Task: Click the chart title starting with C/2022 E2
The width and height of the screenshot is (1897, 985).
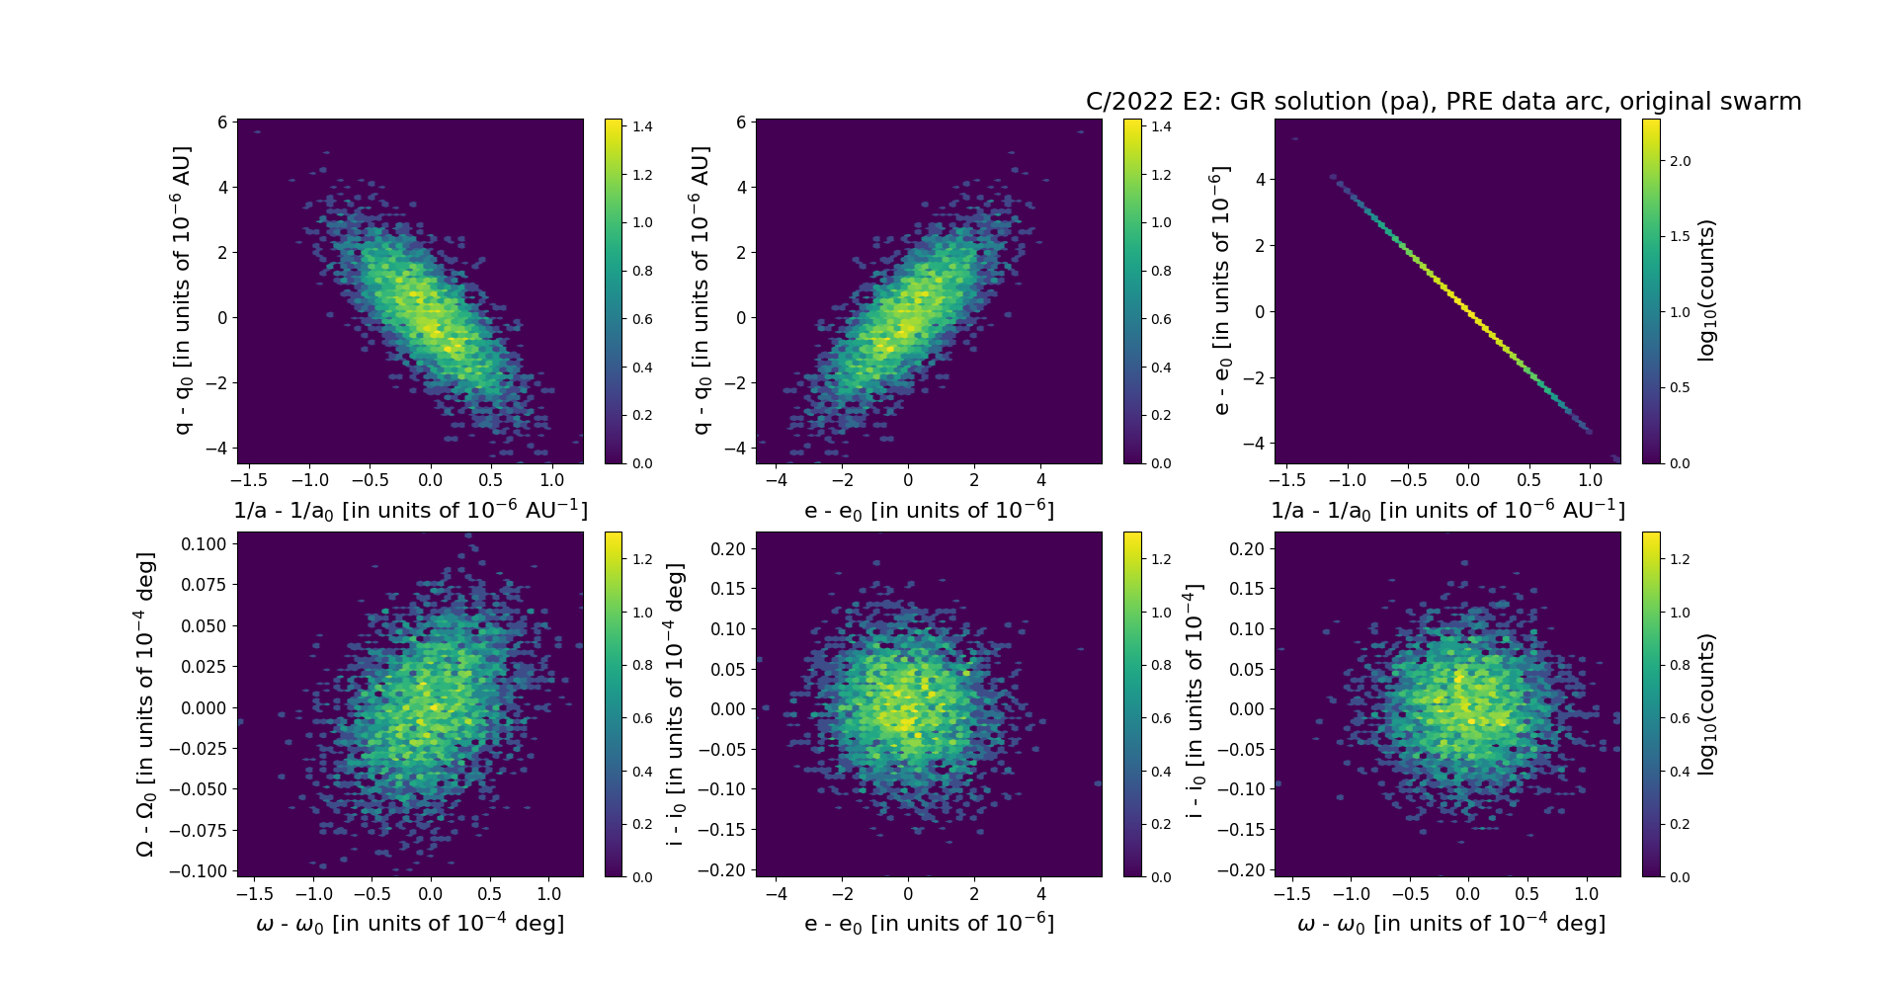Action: (x=1443, y=102)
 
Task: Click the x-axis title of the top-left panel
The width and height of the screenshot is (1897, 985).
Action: (x=410, y=511)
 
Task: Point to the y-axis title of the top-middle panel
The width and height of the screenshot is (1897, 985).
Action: (x=701, y=290)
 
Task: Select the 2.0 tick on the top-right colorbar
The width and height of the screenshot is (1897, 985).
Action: (x=1680, y=161)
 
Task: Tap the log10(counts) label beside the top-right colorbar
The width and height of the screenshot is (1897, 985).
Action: (x=1706, y=290)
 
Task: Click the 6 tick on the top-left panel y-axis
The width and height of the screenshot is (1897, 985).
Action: (x=222, y=123)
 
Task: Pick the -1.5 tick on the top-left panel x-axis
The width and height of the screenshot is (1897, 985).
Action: (x=249, y=480)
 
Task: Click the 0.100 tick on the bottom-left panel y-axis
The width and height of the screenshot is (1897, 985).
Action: (x=205, y=544)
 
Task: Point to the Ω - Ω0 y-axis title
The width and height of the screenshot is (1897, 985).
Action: (x=144, y=704)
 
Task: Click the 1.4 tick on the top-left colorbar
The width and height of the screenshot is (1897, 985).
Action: (x=642, y=126)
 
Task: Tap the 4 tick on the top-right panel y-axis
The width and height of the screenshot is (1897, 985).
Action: (x=1260, y=180)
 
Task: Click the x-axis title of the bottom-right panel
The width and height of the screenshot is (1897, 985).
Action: (x=1450, y=924)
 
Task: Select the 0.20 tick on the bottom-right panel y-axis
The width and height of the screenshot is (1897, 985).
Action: (x=1247, y=549)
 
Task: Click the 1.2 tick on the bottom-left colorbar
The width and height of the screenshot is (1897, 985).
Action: (x=642, y=559)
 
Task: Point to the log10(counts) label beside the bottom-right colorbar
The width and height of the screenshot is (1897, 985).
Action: (x=1706, y=704)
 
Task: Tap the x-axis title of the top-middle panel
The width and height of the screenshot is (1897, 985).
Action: (x=929, y=511)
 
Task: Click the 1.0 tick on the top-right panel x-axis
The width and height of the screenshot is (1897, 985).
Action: (x=1590, y=480)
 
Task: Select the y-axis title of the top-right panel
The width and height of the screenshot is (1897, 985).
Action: (x=1221, y=290)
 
